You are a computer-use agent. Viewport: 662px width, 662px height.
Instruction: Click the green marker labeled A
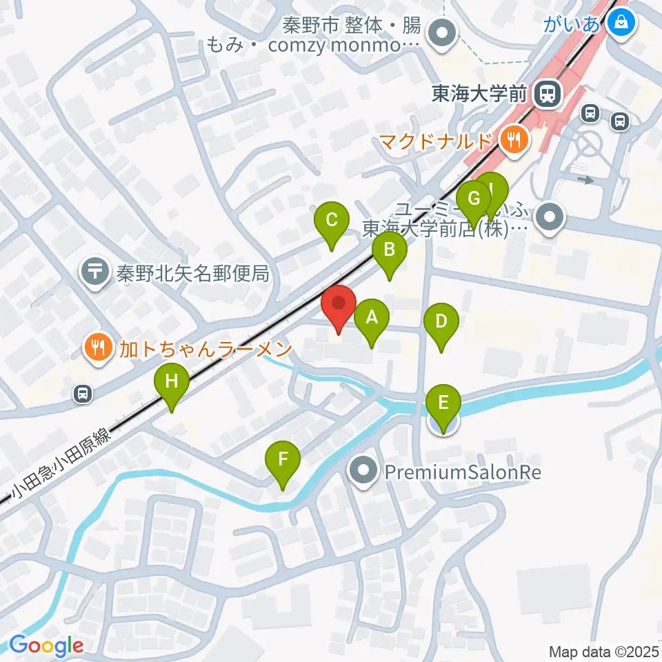[x=372, y=319]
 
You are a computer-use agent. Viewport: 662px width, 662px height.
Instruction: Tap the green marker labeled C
[x=331, y=221]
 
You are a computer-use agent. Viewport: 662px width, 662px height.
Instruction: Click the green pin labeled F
[x=283, y=460]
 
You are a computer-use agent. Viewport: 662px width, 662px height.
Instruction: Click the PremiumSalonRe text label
[x=462, y=473]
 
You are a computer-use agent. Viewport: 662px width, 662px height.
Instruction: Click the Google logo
[x=46, y=646]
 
